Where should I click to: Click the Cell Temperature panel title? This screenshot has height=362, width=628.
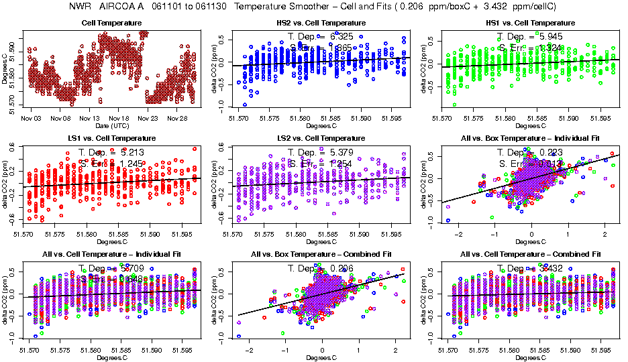111,23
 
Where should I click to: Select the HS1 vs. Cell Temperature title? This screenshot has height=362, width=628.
530,23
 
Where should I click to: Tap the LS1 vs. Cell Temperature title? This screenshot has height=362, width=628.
111,137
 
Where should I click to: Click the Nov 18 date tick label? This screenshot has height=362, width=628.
119,117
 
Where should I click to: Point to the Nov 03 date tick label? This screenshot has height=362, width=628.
31,117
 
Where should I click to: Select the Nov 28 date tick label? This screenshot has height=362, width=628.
178,117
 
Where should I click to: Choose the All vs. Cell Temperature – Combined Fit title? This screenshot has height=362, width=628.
530,255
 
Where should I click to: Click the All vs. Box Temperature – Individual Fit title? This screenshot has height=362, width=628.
530,137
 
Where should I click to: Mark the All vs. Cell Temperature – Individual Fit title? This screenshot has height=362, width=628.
111,255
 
